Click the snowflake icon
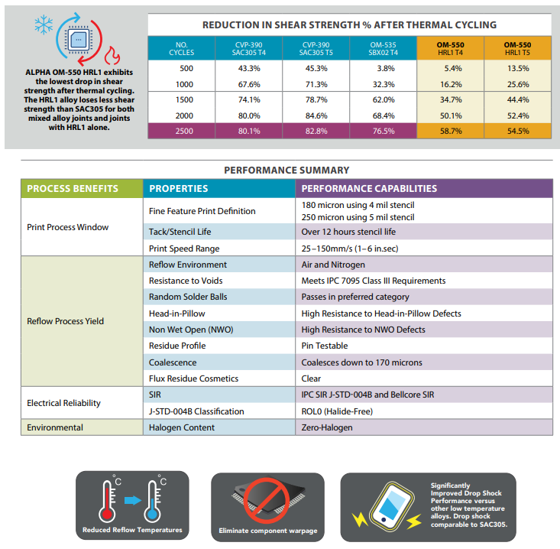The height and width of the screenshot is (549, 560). pos(44,24)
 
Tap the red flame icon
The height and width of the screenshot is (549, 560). pos(112,55)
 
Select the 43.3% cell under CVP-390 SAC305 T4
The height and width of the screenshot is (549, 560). pos(249,68)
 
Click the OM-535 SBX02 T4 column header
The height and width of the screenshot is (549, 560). pos(383,49)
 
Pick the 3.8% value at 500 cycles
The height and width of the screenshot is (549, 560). pos(386,68)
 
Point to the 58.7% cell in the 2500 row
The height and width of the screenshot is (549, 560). pos(451,132)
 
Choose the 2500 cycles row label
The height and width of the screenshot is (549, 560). pos(184,132)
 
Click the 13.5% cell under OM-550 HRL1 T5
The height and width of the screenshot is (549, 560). pos(518,68)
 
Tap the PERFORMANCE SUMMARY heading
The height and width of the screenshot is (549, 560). pos(286,171)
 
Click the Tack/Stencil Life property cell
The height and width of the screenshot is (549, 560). pos(219,232)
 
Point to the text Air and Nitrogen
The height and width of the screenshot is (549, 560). pos(333,265)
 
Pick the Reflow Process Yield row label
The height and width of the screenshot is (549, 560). pos(66,321)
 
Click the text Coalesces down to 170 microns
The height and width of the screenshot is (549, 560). pos(361,362)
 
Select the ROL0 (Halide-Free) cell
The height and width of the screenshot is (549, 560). pos(424,411)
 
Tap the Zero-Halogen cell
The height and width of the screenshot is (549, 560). pos(424,427)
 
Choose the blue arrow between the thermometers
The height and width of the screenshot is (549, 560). pos(133,500)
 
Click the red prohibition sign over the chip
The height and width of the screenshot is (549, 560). pos(267,501)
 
